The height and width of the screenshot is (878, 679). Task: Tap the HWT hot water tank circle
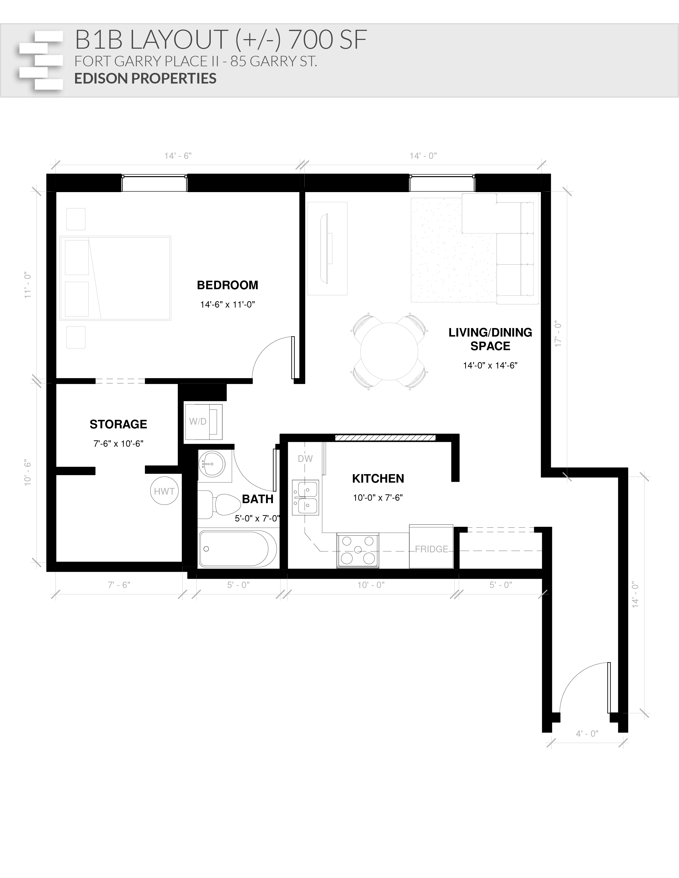coord(164,491)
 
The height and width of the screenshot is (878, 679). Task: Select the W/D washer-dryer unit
coord(203,422)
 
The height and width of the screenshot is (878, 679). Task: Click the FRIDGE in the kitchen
coord(431,547)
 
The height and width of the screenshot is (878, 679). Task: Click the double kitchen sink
coord(305,497)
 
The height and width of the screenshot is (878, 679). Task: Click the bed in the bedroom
coord(116,278)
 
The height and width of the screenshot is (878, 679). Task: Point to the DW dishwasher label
coord(305,459)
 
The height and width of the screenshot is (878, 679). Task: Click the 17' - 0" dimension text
coord(558,334)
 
